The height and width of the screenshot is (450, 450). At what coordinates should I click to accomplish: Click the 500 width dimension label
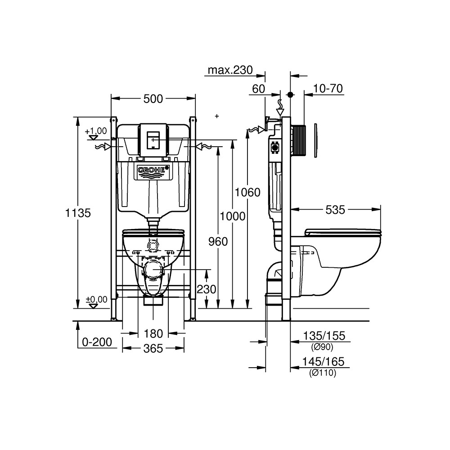[x=153, y=99]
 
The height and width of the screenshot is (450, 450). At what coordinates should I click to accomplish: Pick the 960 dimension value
[x=217, y=242]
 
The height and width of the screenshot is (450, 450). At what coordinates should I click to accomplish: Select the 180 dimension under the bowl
[x=153, y=333]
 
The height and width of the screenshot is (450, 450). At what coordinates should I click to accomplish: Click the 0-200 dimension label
[x=96, y=342]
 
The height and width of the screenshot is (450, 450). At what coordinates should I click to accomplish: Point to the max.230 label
[x=229, y=70]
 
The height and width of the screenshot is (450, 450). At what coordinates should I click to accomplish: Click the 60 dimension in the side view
[x=258, y=89]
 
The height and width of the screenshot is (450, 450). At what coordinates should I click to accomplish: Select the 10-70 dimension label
[x=328, y=89]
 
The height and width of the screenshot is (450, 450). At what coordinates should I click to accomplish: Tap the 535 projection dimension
[x=335, y=209]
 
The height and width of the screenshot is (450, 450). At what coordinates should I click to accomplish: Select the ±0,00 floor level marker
[x=96, y=299]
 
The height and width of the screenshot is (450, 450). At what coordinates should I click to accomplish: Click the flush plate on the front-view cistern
[x=153, y=139]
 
